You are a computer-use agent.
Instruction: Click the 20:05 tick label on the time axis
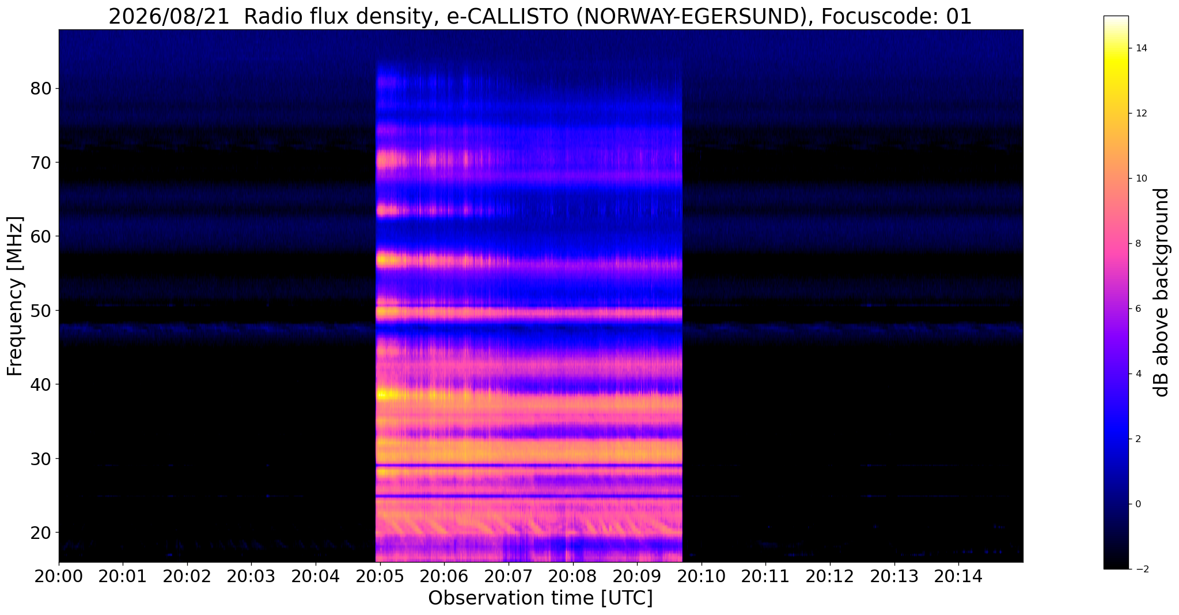point(379,576)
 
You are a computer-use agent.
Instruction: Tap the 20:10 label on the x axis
point(701,576)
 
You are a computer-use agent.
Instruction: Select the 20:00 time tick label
point(58,576)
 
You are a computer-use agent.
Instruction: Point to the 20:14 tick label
point(958,576)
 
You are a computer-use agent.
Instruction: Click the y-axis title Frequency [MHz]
point(16,296)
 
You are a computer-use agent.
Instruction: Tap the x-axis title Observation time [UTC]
point(540,598)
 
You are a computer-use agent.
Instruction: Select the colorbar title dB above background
point(1162,292)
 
